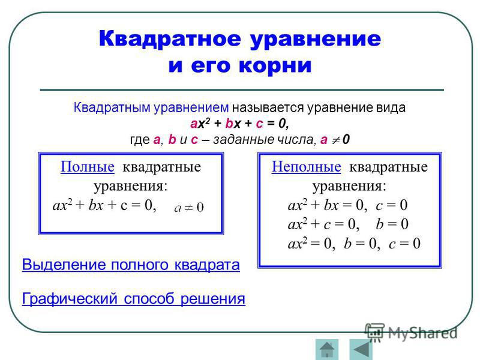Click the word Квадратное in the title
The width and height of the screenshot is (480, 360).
(x=170, y=39)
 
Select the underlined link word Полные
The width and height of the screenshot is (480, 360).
(x=88, y=167)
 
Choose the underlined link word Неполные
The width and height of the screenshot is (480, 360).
(x=306, y=167)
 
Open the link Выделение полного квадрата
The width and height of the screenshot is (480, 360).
(x=131, y=265)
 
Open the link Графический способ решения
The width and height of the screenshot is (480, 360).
(x=133, y=299)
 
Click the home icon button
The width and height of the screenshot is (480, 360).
(x=327, y=349)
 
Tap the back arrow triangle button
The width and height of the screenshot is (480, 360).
(x=361, y=349)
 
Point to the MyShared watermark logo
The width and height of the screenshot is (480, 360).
(x=411, y=332)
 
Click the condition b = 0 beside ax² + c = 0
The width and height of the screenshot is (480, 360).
(x=392, y=224)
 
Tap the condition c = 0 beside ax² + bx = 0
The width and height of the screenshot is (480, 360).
(x=392, y=205)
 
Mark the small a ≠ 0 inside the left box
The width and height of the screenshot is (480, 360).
(x=189, y=208)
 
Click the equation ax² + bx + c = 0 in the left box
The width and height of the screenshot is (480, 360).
(x=104, y=205)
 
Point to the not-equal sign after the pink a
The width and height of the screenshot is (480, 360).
(x=336, y=140)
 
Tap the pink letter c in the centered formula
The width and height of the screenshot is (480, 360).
(x=259, y=124)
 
